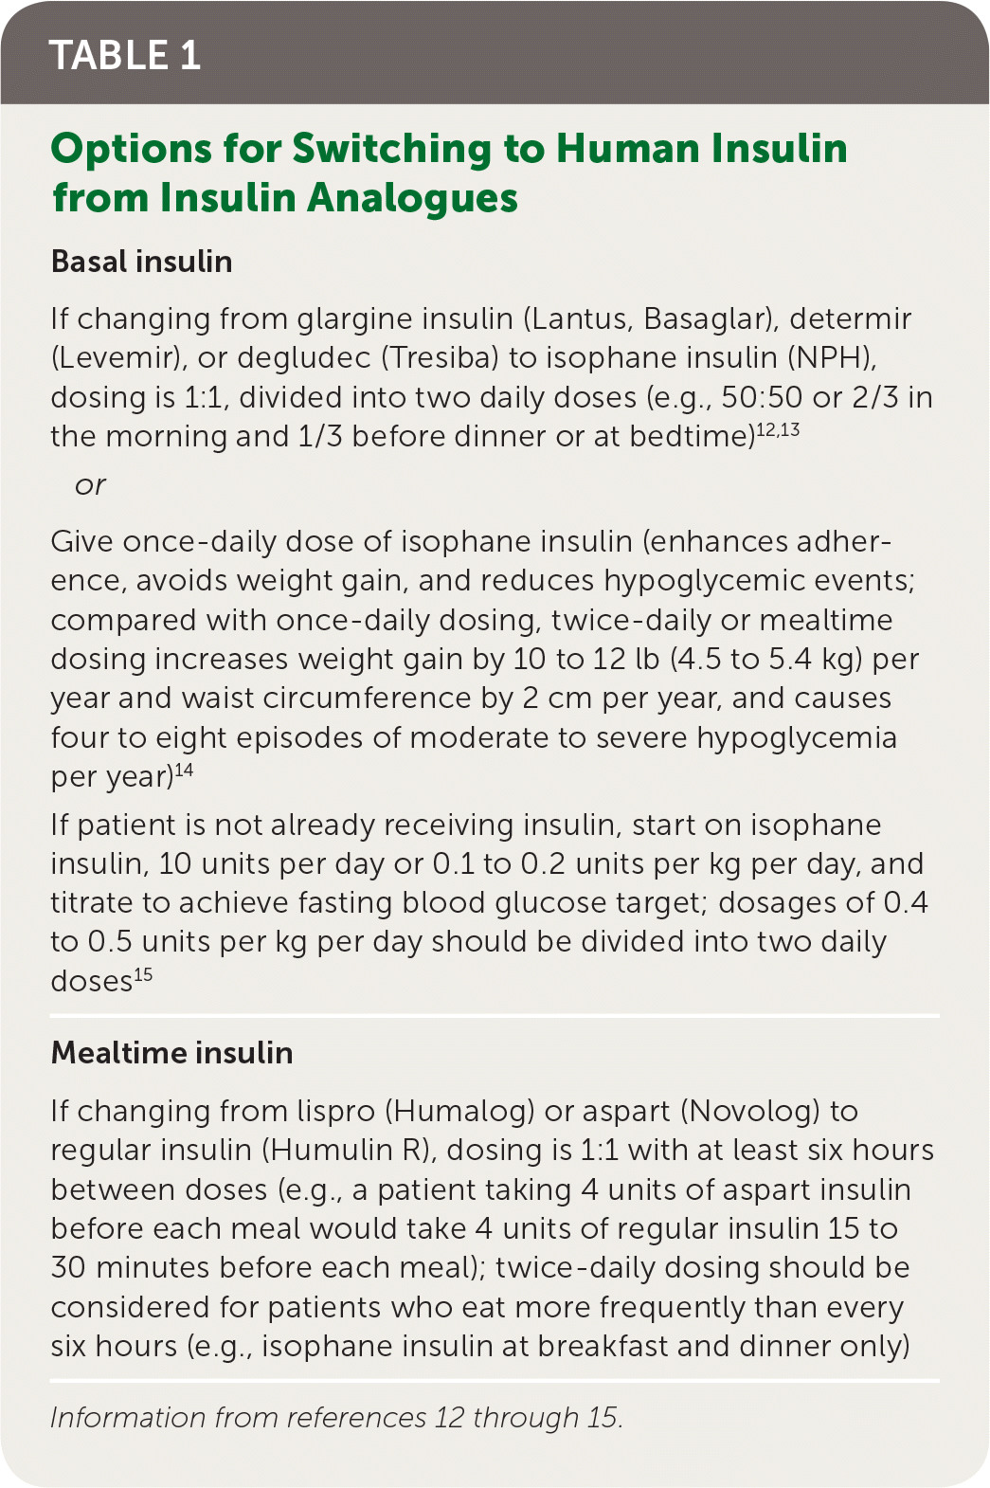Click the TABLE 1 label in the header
[124, 55]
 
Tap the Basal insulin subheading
[142, 262]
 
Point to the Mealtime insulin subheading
[171, 1053]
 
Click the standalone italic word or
[90, 485]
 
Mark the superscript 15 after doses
[143, 974]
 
